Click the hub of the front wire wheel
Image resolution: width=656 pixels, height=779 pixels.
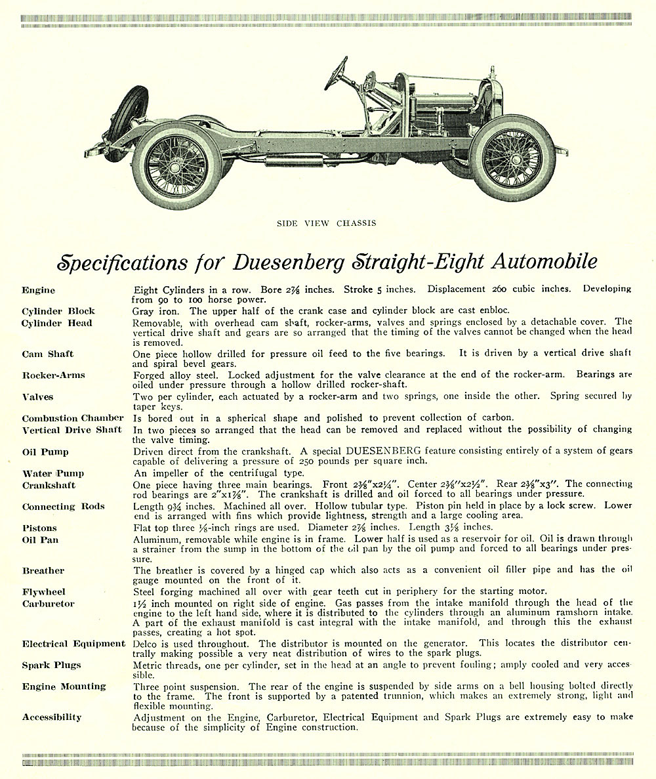point(513,158)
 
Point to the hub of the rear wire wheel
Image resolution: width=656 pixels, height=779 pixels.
point(175,165)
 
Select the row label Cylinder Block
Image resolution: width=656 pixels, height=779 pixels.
point(58,311)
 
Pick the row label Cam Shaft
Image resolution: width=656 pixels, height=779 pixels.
point(48,354)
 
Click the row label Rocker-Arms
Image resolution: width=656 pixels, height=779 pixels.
point(53,375)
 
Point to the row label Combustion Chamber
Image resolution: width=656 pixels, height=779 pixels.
point(72,418)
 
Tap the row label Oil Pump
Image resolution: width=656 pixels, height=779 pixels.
point(45,452)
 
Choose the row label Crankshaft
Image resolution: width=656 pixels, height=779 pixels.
point(49,486)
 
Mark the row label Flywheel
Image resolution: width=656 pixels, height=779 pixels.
point(44,592)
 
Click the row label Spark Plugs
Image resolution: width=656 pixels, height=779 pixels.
point(52,665)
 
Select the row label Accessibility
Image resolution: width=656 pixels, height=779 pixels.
point(52,717)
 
